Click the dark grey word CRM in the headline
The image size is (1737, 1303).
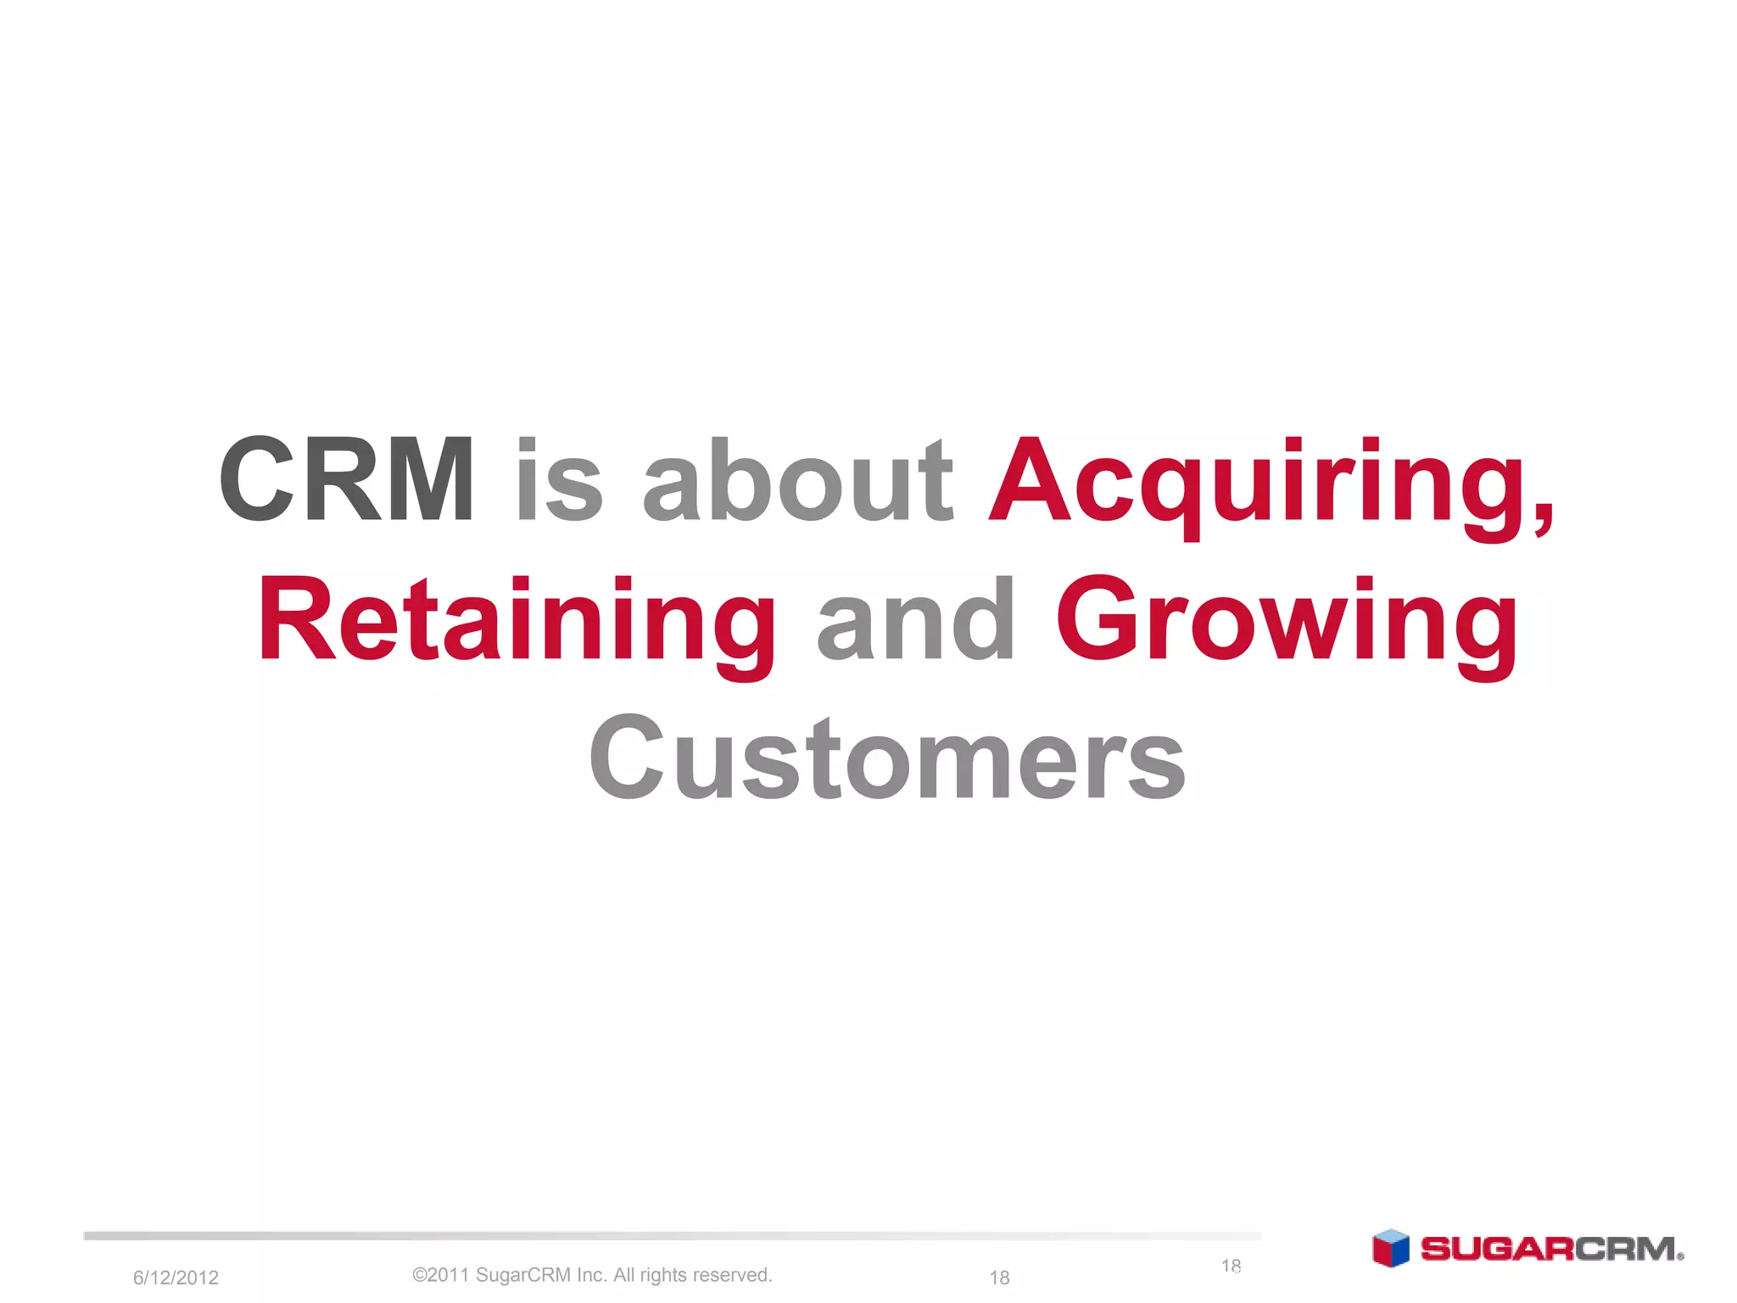[x=346, y=479]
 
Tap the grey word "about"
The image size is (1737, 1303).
[x=798, y=479]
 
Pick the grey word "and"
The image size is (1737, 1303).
[x=915, y=619]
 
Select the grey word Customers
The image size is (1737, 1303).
[x=887, y=757]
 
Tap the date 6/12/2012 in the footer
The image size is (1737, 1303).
[x=176, y=1278]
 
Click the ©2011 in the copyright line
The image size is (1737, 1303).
[x=441, y=1275]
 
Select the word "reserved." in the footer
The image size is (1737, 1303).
[x=733, y=1275]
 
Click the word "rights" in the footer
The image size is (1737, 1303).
[x=663, y=1275]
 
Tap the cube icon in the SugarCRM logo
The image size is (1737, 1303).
[x=1390, y=1249]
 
